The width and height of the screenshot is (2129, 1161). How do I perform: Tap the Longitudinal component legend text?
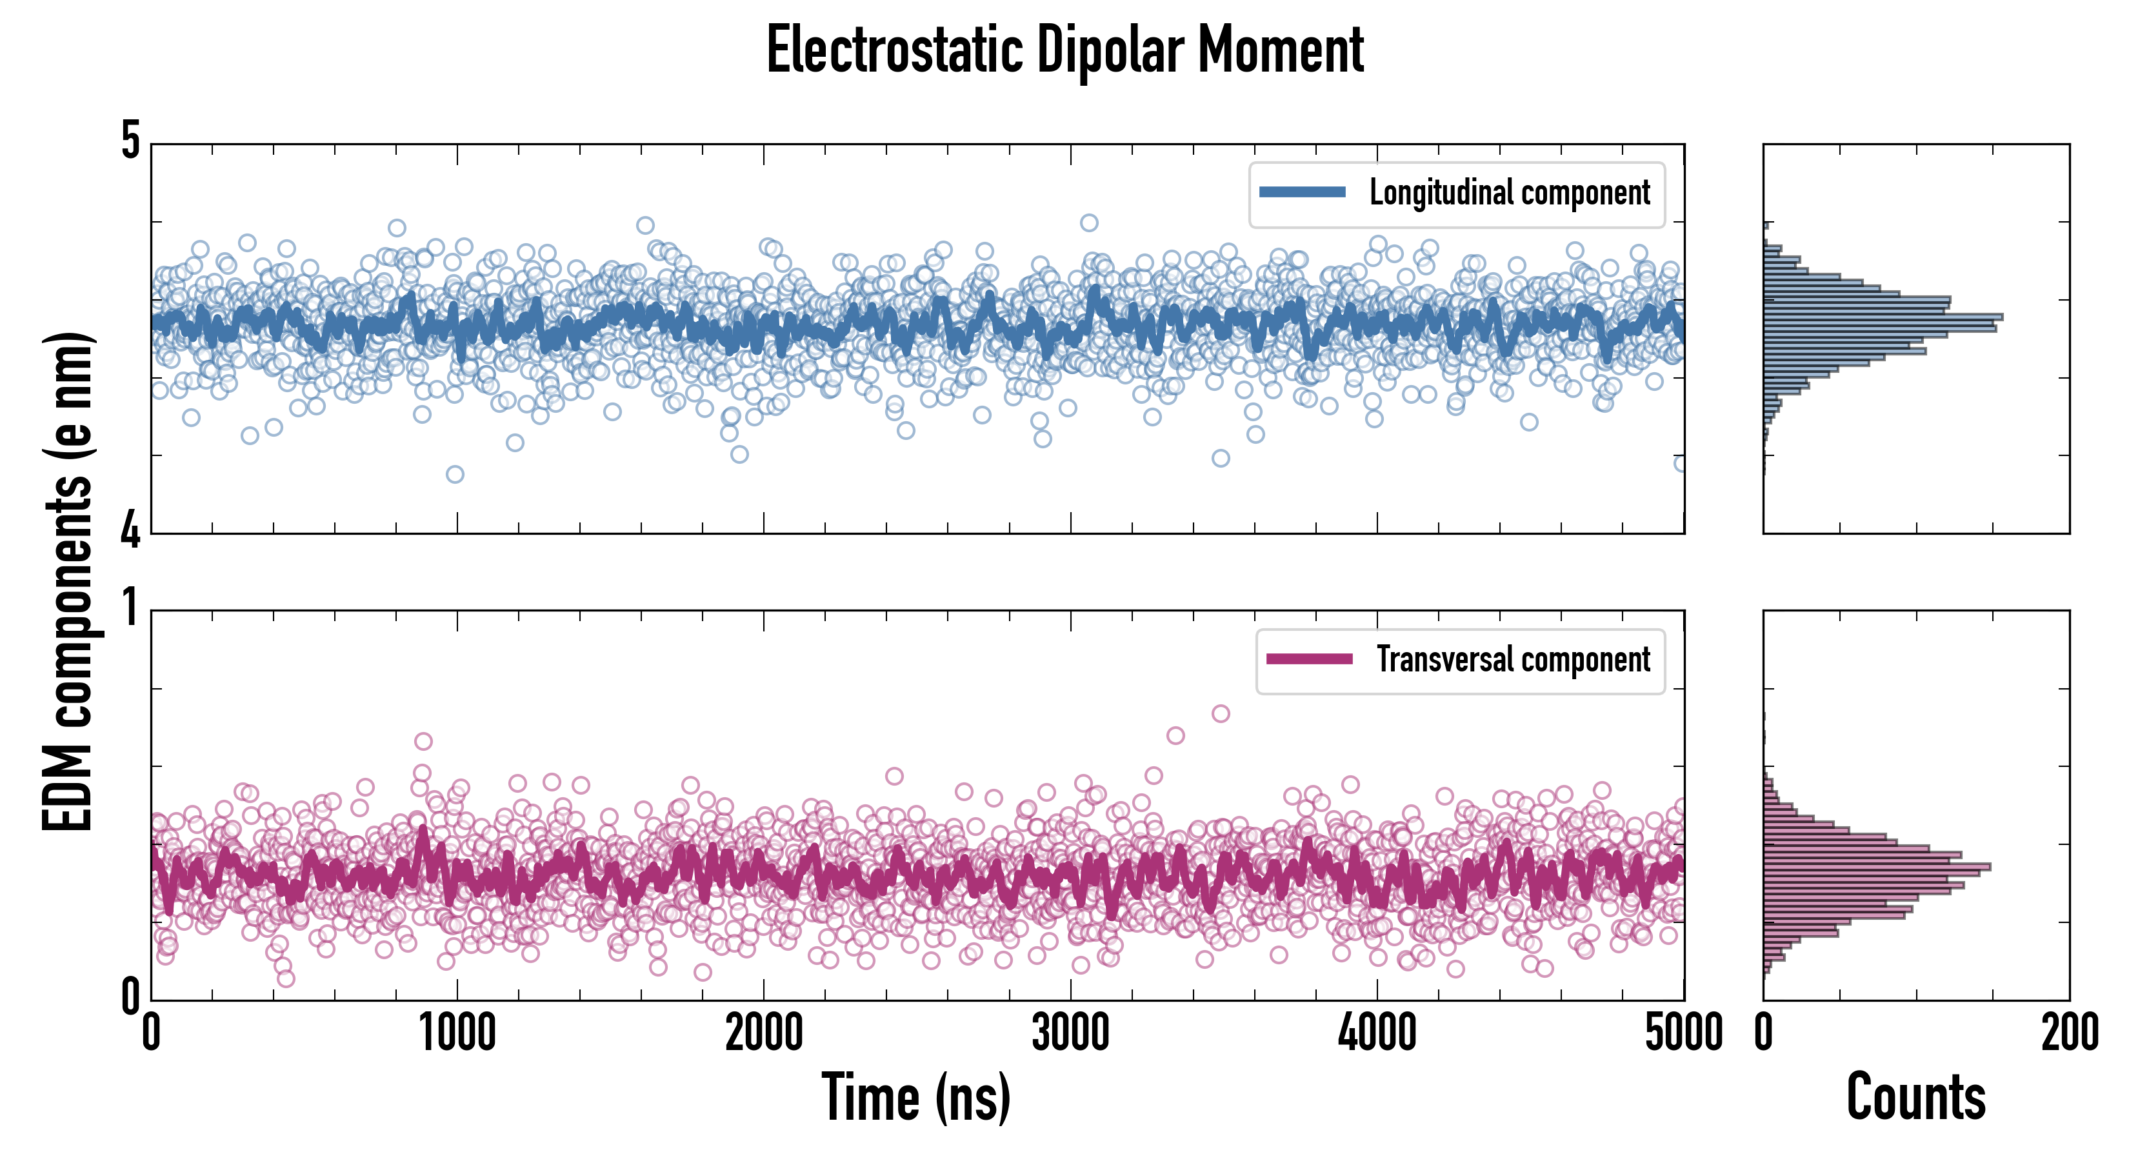pyautogui.click(x=1509, y=193)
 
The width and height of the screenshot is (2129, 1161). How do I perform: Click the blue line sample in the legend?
pyautogui.click(x=1302, y=193)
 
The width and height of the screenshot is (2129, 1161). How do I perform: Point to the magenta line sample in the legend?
pyautogui.click(x=1309, y=659)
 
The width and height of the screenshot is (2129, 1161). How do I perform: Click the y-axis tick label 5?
pyautogui.click(x=130, y=141)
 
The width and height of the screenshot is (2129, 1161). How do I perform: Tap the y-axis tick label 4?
pyautogui.click(x=130, y=529)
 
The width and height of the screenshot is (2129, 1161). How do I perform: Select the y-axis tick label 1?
pyautogui.click(x=130, y=608)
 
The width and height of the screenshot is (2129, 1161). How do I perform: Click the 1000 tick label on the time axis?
pyautogui.click(x=457, y=1033)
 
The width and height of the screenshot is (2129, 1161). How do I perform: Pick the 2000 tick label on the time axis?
pyautogui.click(x=764, y=1033)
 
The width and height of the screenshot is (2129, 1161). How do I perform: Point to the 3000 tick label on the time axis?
pyautogui.click(x=1070, y=1033)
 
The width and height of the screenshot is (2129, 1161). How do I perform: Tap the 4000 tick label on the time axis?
pyautogui.click(x=1377, y=1033)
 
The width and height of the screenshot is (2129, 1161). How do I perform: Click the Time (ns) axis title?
pyautogui.click(x=915, y=1097)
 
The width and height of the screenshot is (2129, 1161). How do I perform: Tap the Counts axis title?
pyautogui.click(x=1915, y=1097)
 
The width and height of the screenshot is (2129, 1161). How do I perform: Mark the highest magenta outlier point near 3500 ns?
pyautogui.click(x=1221, y=714)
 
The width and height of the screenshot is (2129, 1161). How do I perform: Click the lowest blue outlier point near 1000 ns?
pyautogui.click(x=455, y=474)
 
